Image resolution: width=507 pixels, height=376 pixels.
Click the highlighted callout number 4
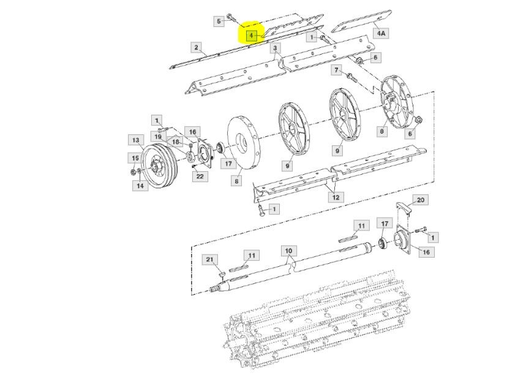point(251,36)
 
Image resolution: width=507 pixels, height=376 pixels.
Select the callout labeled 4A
point(381,33)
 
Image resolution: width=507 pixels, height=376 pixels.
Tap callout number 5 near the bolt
point(219,21)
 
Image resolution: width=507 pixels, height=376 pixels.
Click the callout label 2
point(197,48)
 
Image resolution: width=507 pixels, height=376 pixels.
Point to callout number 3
point(275,48)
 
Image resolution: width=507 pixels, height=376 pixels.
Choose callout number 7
point(337,70)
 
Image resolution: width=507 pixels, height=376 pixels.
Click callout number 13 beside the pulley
point(136,140)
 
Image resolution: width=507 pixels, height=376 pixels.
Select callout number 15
point(135,158)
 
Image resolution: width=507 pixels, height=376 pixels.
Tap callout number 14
point(140,186)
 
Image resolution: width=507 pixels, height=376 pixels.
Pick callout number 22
point(200,176)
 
